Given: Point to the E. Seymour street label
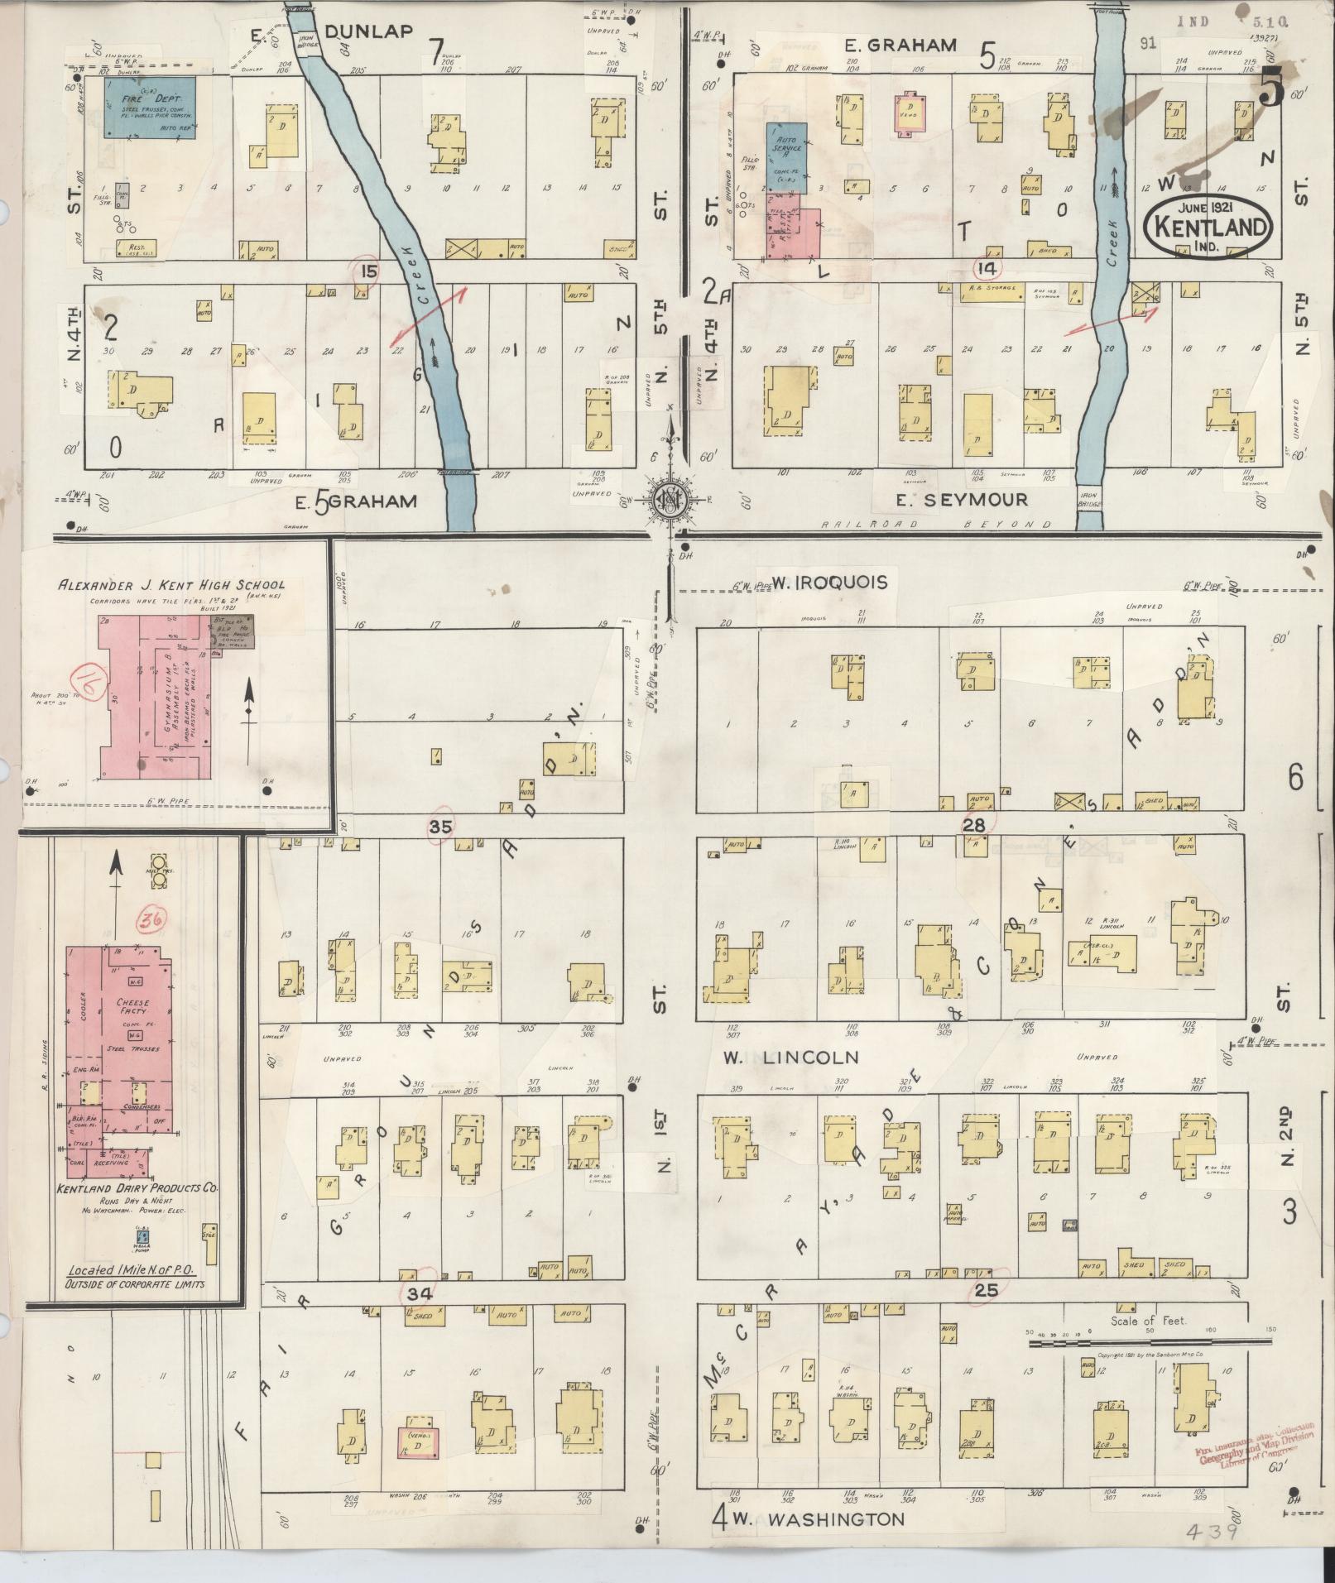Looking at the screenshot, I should [x=963, y=499].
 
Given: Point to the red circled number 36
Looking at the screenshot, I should [x=151, y=919].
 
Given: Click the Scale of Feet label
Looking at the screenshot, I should [x=1148, y=1322].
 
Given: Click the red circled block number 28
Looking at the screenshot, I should [x=977, y=823].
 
